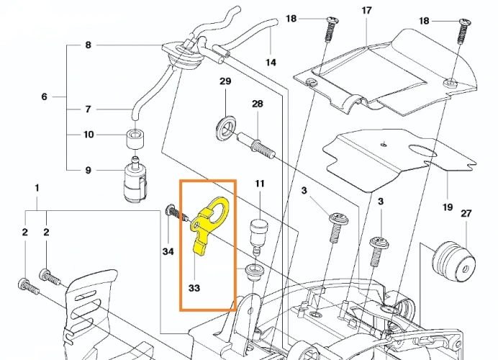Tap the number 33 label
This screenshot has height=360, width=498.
pyautogui.click(x=194, y=287)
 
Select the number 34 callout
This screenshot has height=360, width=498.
pyautogui.click(x=168, y=251)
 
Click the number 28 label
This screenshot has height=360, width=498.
pyautogui.click(x=257, y=104)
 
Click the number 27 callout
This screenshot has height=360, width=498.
pyautogui.click(x=466, y=214)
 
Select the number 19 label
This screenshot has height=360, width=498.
pyautogui.click(x=448, y=207)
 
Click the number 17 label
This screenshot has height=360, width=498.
pyautogui.click(x=366, y=11)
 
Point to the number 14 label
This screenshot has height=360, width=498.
pyautogui.click(x=271, y=63)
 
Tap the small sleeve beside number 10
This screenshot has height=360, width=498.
pyautogui.click(x=135, y=136)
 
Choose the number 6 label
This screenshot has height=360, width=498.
pyautogui.click(x=44, y=96)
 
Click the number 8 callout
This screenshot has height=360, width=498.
pyautogui.click(x=89, y=45)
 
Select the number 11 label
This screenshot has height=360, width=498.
pyautogui.click(x=259, y=184)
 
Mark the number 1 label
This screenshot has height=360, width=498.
pyautogui.click(x=37, y=188)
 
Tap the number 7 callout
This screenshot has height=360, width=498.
pyautogui.click(x=89, y=109)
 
